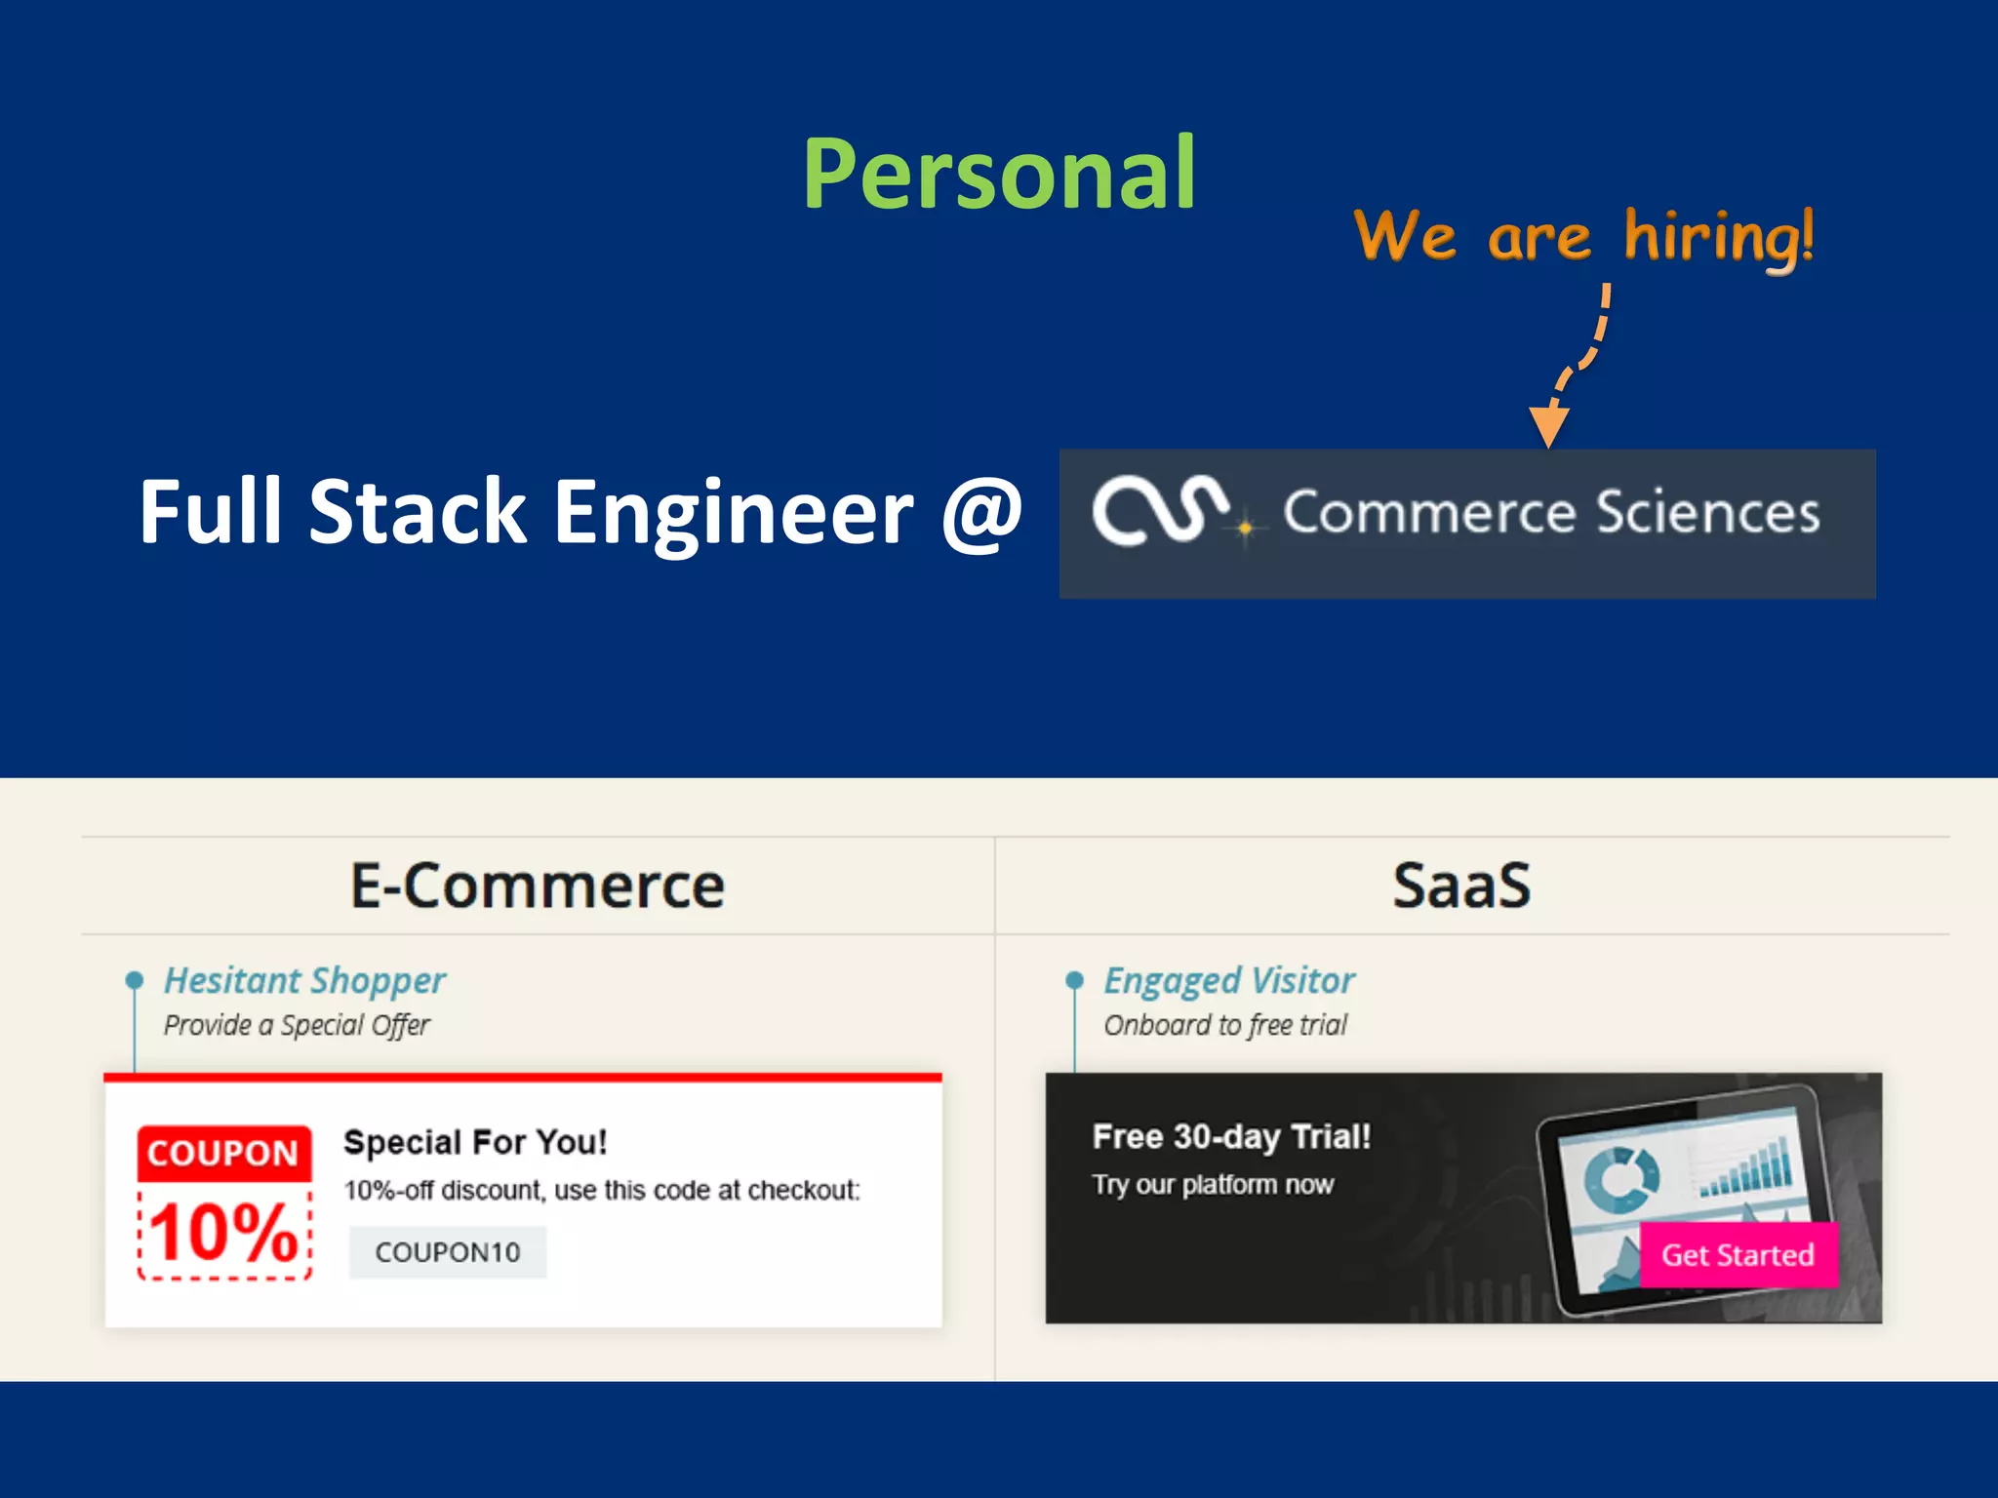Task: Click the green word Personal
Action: pyautogui.click(x=999, y=176)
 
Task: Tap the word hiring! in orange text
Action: pyautogui.click(x=1719, y=237)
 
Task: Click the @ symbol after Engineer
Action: pyautogui.click(x=981, y=513)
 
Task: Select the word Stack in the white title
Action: pyautogui.click(x=418, y=513)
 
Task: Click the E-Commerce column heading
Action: pyautogui.click(x=538, y=886)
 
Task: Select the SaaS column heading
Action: pyautogui.click(x=1461, y=886)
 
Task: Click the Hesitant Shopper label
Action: pyautogui.click(x=304, y=980)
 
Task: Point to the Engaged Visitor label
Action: pyautogui.click(x=1229, y=980)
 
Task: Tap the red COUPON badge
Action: pyautogui.click(x=223, y=1154)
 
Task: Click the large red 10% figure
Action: pyautogui.click(x=223, y=1233)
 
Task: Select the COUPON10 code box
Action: pyautogui.click(x=448, y=1252)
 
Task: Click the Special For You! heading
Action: pyautogui.click(x=475, y=1142)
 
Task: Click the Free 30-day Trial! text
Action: pyautogui.click(x=1231, y=1137)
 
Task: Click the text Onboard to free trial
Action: pyautogui.click(x=1225, y=1025)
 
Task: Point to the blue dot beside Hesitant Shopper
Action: pyautogui.click(x=135, y=979)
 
